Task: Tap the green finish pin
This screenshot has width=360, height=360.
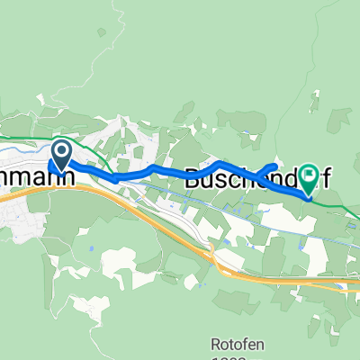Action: (310, 176)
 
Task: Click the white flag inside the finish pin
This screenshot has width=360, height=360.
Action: (310, 173)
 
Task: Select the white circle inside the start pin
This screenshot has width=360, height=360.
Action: (61, 151)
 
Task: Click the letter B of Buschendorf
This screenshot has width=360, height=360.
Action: (194, 177)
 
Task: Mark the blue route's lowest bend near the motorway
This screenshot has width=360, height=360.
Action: (116, 179)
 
